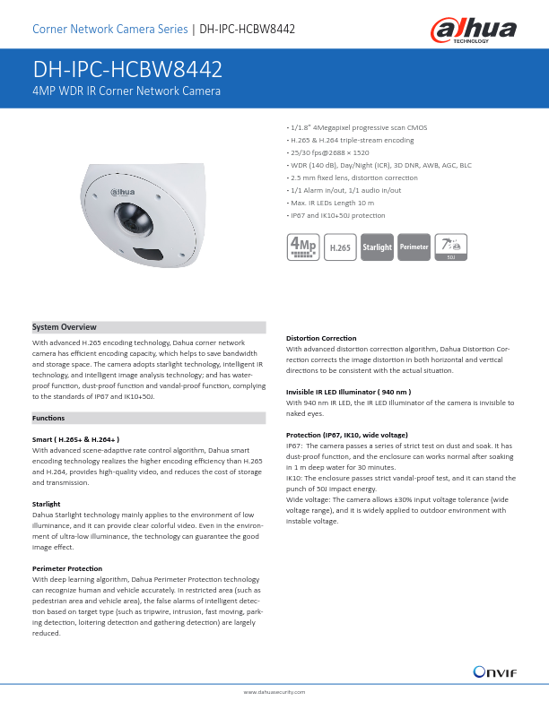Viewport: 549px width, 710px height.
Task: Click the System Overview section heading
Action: pyautogui.click(x=65, y=327)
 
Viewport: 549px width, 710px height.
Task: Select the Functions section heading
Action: pyautogui.click(x=48, y=418)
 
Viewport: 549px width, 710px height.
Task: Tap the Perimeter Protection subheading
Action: pyautogui.click(x=66, y=569)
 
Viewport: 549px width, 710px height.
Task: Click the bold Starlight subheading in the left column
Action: pyautogui.click(x=46, y=504)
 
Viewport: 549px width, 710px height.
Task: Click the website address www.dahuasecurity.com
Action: pyautogui.click(x=274, y=693)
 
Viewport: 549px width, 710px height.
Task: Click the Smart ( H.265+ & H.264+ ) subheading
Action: pyautogui.click(x=76, y=439)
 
